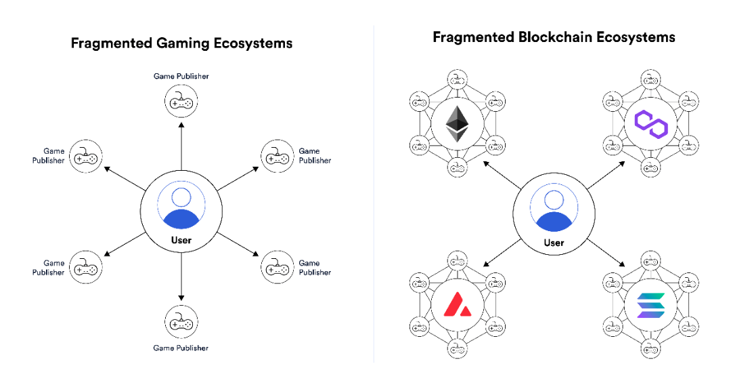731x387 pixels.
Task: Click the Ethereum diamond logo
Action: [x=457, y=124]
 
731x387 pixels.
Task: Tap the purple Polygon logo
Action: [x=651, y=124]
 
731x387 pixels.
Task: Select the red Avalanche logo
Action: [x=457, y=305]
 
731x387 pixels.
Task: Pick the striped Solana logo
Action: [x=651, y=305]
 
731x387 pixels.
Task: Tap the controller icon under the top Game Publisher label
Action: [x=181, y=101]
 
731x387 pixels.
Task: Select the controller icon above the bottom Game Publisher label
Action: [x=181, y=322]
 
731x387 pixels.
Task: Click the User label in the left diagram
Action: [x=181, y=240]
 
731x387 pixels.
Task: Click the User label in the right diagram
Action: [x=554, y=243]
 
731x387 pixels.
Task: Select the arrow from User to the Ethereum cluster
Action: [x=502, y=176]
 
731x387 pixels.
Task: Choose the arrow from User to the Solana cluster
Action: [x=606, y=253]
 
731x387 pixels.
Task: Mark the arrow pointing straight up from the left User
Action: [x=181, y=146]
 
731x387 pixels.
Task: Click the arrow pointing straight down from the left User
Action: [x=181, y=277]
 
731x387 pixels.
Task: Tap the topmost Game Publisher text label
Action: [x=181, y=76]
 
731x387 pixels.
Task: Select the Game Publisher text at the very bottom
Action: [x=181, y=348]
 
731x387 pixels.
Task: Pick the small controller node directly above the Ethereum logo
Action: [x=457, y=80]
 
